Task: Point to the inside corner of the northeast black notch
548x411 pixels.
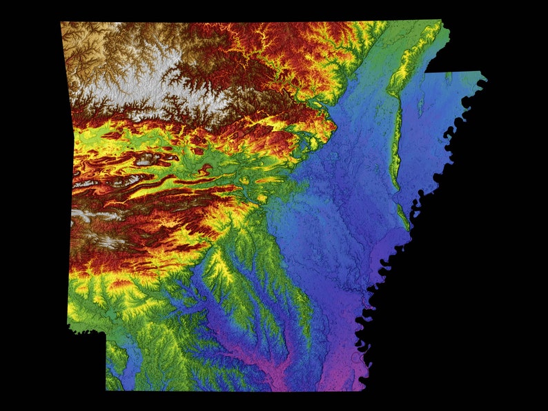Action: point(426,72)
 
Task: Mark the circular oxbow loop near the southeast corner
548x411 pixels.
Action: point(357,357)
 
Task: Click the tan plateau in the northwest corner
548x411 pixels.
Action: point(86,48)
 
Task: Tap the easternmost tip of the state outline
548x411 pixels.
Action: point(486,79)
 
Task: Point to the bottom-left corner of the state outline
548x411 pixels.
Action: point(106,390)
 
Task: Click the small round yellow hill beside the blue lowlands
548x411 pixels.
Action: point(262,199)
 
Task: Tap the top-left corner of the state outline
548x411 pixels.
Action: point(61,23)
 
